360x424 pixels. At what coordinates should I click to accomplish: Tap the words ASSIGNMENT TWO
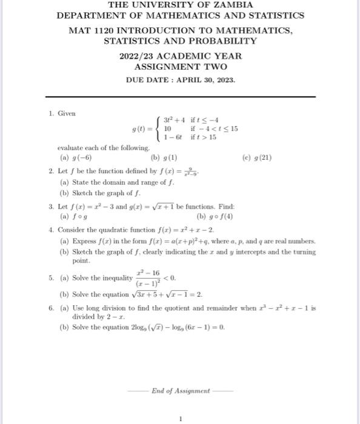(180, 67)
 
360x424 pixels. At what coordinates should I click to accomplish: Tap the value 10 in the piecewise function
(169, 129)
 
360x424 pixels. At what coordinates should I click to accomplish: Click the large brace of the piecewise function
(159, 129)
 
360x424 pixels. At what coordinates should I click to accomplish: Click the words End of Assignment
(181, 390)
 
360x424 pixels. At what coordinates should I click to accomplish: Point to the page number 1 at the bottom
(180, 418)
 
